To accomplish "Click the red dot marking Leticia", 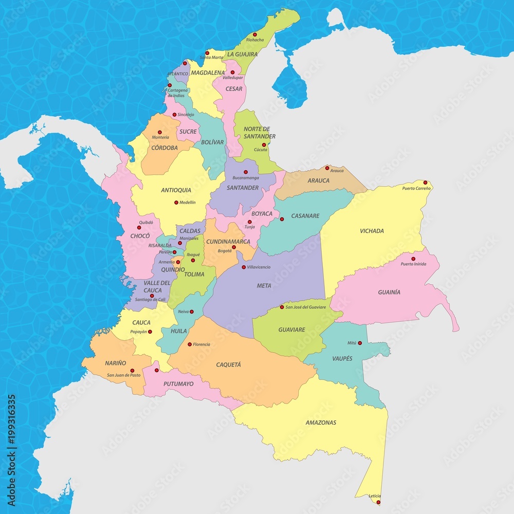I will tap(378, 502).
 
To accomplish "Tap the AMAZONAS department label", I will tap(321, 423).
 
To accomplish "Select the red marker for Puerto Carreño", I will tap(425, 182).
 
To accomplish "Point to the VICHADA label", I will tap(372, 231).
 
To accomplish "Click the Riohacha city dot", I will tap(254, 34).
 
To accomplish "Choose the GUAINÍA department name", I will tap(389, 292).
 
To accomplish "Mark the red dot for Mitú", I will tap(360, 343).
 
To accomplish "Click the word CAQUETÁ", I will tap(228, 364).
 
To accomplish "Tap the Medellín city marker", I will tap(176, 203).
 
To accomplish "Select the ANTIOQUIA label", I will tap(176, 190).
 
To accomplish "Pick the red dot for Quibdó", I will tap(139, 228).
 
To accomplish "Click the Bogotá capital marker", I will tap(233, 247).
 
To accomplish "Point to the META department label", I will tap(264, 285).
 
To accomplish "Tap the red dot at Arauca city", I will tap(327, 168).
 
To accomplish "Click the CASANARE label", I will tap(305, 216).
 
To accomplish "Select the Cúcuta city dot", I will tap(264, 145).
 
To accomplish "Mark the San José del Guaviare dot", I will tap(282, 307).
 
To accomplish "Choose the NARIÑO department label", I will tap(116, 363).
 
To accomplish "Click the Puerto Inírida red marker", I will tap(413, 259).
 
